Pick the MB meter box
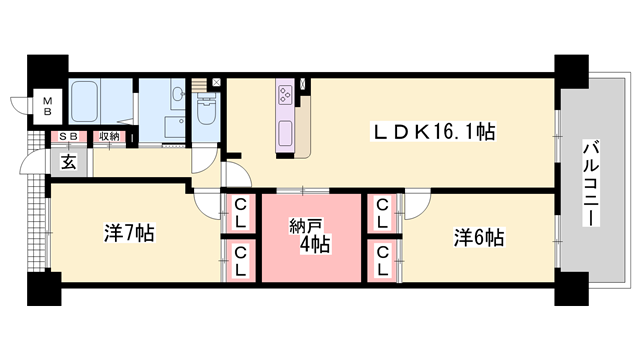[x=46, y=104]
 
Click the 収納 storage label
[x=108, y=137]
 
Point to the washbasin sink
[x=176, y=96]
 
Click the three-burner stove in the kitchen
[x=287, y=95]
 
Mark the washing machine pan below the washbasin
[x=171, y=128]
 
